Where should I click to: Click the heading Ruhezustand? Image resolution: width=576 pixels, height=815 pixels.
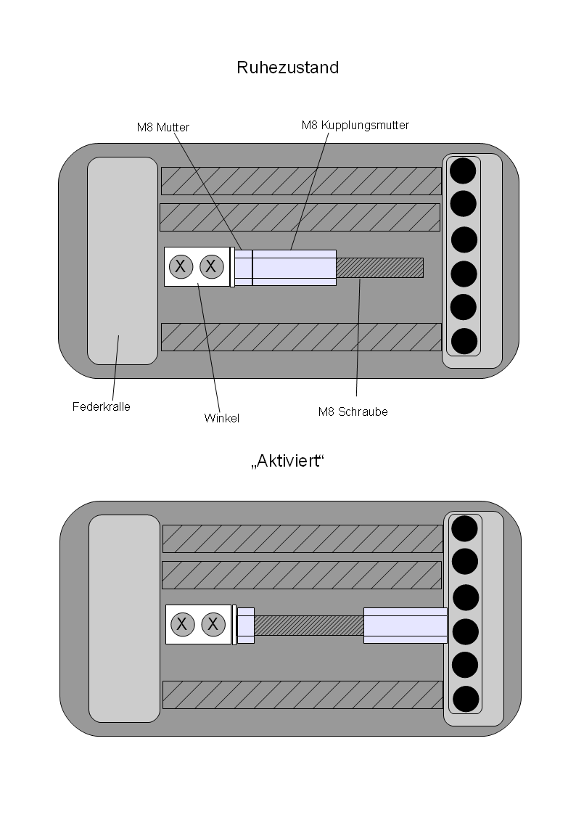[287, 68]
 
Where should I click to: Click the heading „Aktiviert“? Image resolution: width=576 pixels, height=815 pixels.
[287, 462]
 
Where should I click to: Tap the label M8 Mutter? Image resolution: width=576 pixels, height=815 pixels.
[163, 127]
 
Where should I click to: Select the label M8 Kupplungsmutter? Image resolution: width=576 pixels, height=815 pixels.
[355, 126]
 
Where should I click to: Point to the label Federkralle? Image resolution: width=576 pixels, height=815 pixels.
[101, 406]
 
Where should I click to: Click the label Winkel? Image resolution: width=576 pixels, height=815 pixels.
[222, 418]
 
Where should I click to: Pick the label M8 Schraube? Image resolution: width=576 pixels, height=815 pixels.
[353, 411]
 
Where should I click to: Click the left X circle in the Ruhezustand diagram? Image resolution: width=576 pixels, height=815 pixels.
[181, 267]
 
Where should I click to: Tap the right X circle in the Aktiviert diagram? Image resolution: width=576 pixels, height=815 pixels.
[213, 623]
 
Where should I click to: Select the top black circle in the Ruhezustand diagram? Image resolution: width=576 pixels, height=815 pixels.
[464, 171]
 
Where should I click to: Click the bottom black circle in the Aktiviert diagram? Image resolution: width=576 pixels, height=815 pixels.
[465, 699]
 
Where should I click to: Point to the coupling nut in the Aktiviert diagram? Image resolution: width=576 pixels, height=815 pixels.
[405, 625]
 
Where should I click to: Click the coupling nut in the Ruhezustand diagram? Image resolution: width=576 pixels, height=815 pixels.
[294, 267]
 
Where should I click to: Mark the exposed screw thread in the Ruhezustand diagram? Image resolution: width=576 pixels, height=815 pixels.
[379, 267]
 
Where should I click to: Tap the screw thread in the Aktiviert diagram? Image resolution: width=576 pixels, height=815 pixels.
[308, 625]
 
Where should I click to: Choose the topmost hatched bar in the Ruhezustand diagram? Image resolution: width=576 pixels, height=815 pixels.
[300, 181]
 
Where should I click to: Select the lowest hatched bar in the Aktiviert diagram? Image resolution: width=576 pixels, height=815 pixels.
[303, 695]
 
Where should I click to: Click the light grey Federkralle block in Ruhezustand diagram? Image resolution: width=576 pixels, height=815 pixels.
[123, 261]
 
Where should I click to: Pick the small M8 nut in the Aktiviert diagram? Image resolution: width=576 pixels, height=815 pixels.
[246, 625]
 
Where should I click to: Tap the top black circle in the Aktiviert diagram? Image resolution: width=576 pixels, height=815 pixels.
[465, 528]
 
